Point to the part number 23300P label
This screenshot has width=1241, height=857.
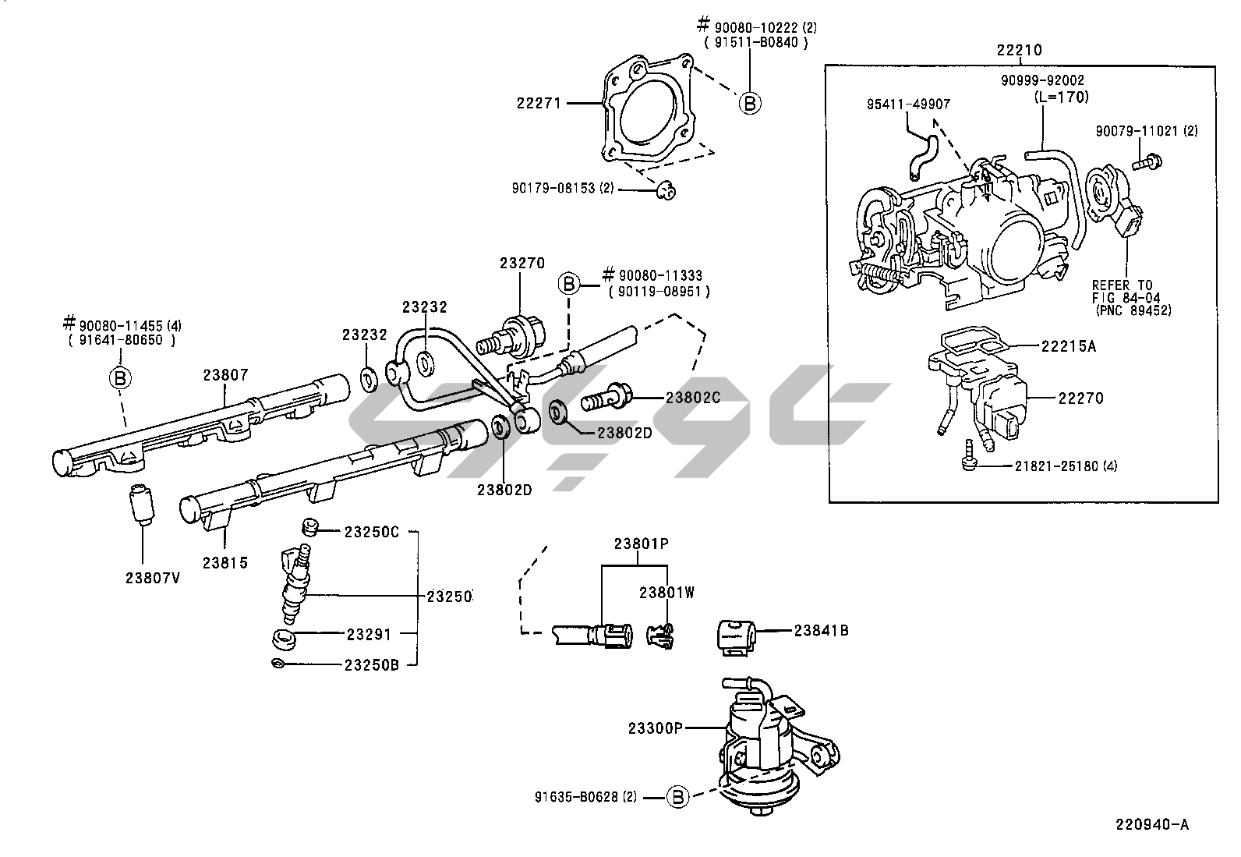click(x=655, y=728)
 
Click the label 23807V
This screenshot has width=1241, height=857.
click(x=152, y=578)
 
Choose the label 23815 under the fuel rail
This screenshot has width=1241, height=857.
click(x=225, y=562)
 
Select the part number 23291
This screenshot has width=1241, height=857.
click(x=368, y=634)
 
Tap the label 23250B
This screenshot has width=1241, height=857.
click(x=372, y=664)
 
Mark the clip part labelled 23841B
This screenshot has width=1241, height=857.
click(x=736, y=633)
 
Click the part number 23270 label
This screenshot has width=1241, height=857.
click(x=522, y=264)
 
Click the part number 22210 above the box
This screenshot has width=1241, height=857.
click(x=1019, y=51)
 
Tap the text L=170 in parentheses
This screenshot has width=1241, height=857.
click(x=1061, y=97)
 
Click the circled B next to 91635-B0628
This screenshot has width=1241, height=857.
click(x=678, y=797)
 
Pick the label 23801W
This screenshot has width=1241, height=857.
click(x=666, y=593)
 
